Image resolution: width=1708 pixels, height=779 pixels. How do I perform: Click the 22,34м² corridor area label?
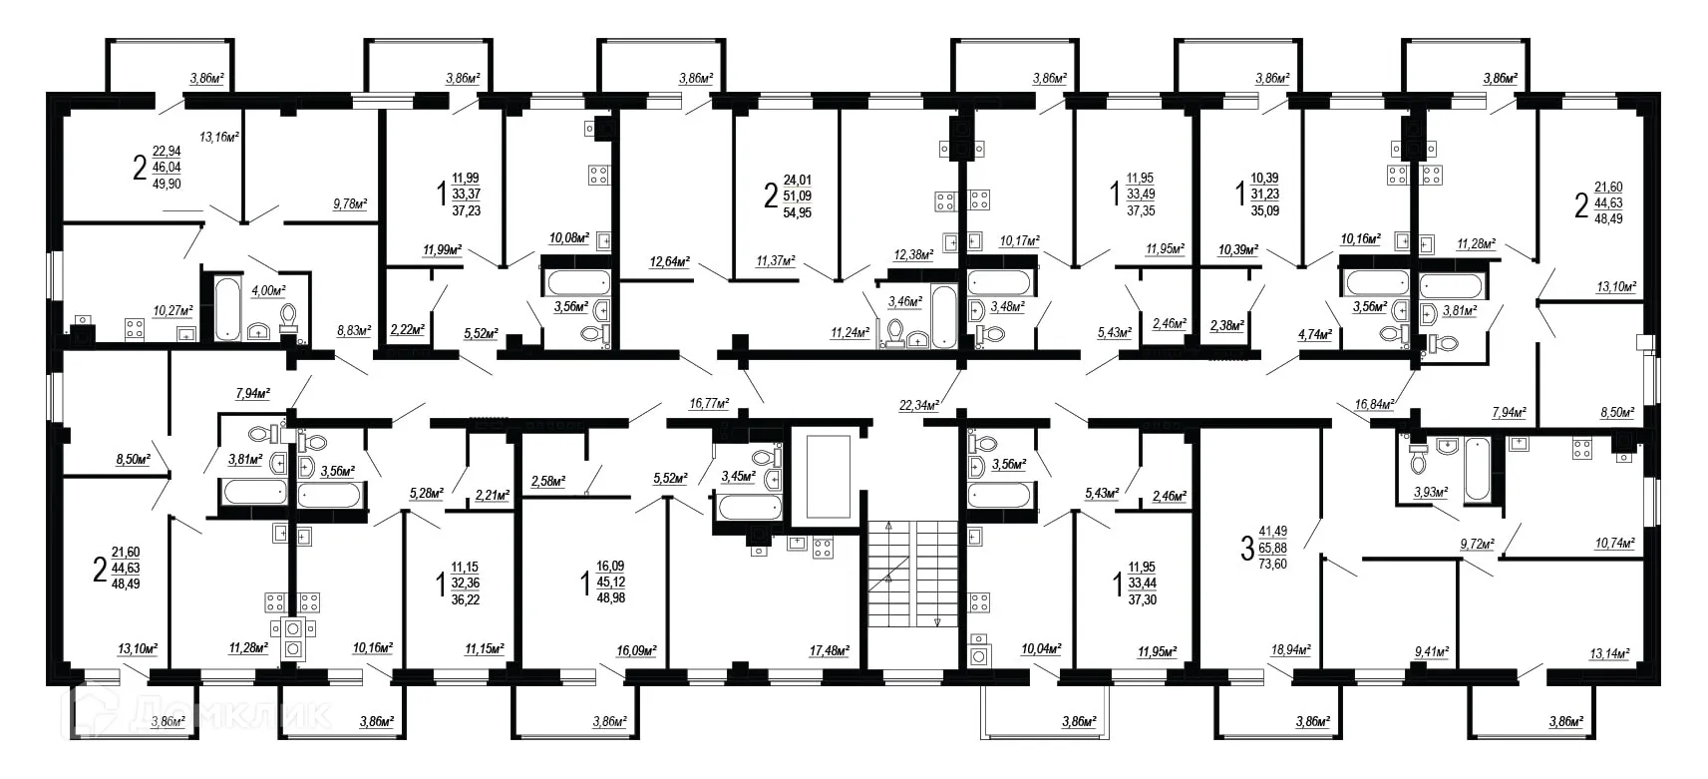point(918,405)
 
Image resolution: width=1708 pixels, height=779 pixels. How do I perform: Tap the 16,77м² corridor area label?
point(709,404)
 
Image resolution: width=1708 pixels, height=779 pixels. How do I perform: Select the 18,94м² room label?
point(1291,649)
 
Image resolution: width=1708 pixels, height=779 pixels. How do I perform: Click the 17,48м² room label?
point(829,650)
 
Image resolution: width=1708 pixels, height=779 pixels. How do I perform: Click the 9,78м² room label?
point(349,204)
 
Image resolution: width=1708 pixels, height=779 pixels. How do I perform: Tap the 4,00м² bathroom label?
point(268,290)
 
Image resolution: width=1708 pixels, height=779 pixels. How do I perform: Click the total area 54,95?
point(797,213)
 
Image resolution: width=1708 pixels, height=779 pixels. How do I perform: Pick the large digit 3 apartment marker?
point(1245,549)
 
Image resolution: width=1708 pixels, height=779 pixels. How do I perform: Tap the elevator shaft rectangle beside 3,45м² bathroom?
point(828,476)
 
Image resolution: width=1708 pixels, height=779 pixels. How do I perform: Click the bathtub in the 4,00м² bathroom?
point(226,307)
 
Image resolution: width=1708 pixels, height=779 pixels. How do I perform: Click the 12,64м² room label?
point(669,262)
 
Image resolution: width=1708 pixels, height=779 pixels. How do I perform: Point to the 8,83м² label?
point(353,330)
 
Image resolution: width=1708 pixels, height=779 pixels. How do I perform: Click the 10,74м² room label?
point(1615,544)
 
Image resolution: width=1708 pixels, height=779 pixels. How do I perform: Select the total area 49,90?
point(166,185)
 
